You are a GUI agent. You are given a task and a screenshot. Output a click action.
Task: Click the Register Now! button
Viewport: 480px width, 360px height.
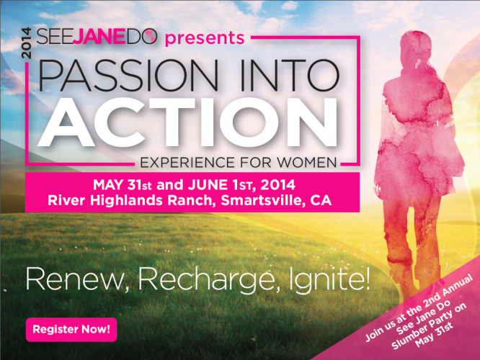71,330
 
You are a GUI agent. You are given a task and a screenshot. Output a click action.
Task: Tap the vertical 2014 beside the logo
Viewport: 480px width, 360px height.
27,42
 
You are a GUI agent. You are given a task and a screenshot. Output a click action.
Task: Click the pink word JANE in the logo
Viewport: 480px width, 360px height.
100,37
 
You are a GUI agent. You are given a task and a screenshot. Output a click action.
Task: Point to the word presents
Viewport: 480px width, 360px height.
205,38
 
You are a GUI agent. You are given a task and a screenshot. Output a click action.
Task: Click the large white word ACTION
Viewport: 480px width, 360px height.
187,122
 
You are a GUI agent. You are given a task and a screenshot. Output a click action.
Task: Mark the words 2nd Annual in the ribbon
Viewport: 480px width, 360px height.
448,291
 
